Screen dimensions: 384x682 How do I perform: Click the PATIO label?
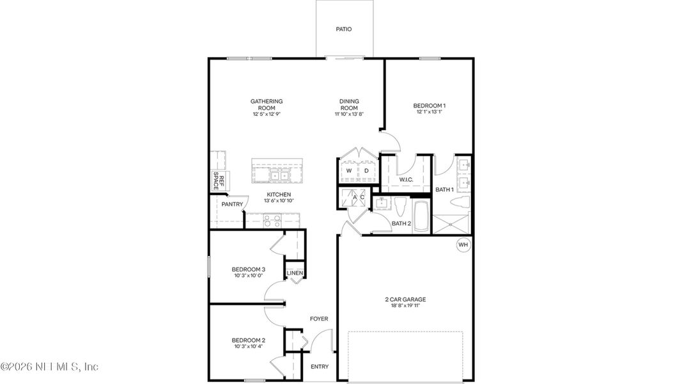pyautogui.click(x=344, y=29)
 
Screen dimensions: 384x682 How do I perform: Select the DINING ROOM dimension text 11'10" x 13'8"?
pyautogui.click(x=349, y=115)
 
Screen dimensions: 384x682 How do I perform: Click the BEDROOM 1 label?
pyautogui.click(x=429, y=106)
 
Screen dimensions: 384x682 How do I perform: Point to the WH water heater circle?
pyautogui.click(x=463, y=244)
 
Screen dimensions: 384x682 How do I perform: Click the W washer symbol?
pyautogui.click(x=349, y=172)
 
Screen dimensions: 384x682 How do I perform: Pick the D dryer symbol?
pyautogui.click(x=366, y=172)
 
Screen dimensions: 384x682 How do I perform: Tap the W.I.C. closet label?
pyautogui.click(x=407, y=180)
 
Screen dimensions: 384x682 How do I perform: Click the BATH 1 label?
pyautogui.click(x=444, y=190)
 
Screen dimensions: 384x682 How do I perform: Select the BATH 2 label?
pyautogui.click(x=401, y=223)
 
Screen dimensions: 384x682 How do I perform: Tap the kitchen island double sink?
pyautogui.click(x=279, y=175)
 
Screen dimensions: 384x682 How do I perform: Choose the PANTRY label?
pyautogui.click(x=232, y=205)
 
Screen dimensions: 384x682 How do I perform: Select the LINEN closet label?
pyautogui.click(x=294, y=273)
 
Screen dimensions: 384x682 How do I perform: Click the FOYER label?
pyautogui.click(x=319, y=319)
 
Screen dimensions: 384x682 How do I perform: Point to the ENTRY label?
pyautogui.click(x=319, y=367)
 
